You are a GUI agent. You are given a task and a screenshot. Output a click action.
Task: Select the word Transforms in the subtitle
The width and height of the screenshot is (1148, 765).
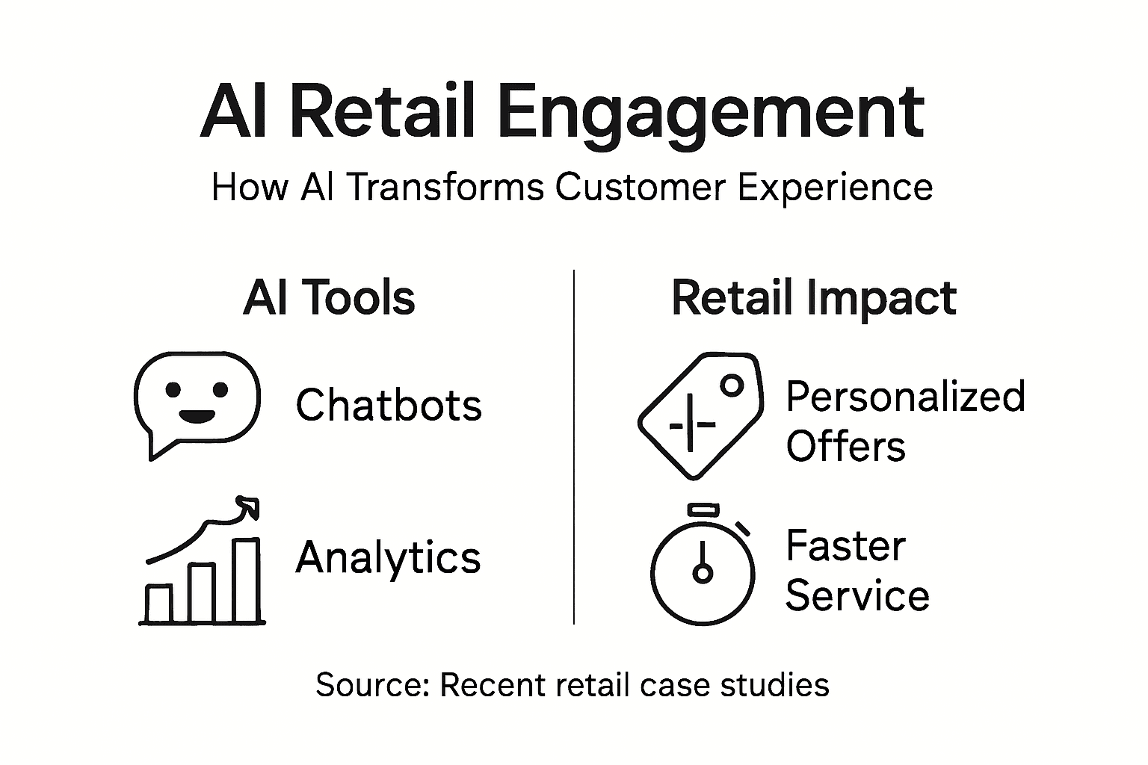coord(445,187)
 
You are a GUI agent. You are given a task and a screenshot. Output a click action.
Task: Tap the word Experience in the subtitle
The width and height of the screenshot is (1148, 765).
coord(835,188)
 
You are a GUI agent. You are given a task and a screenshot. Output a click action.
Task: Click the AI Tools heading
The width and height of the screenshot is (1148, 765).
coord(329,298)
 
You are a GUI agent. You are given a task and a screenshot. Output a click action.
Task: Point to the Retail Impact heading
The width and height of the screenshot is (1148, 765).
coord(813,298)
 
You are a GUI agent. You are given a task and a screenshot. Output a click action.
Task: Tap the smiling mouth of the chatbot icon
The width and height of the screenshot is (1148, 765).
coord(197,415)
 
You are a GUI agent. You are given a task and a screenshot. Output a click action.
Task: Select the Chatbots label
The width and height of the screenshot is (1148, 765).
coord(389,405)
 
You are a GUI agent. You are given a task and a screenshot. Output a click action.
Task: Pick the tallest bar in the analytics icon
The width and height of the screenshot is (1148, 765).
coord(247,580)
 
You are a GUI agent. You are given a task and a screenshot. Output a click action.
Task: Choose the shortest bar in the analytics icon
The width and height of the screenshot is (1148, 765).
coord(158,604)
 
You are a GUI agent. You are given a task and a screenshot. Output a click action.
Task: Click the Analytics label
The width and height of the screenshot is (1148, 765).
coord(388,557)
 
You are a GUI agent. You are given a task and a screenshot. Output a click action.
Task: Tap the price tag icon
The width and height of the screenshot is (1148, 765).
coord(700,415)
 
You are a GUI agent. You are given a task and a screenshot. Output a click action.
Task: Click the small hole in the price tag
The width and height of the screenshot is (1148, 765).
coord(732,385)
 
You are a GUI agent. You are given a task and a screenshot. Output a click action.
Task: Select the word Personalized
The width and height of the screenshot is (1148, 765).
coord(905,396)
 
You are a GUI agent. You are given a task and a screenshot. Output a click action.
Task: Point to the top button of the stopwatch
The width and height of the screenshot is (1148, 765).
coord(703,510)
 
